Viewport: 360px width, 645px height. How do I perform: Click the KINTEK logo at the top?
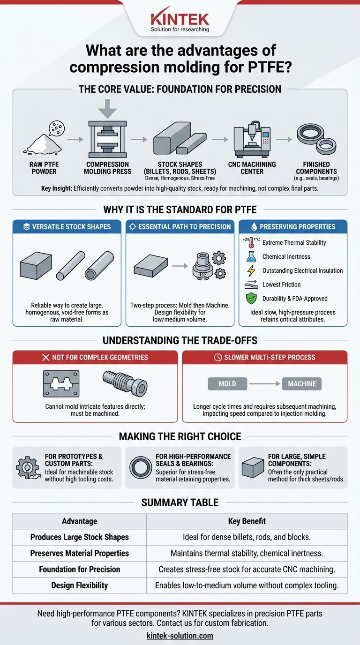click(180, 20)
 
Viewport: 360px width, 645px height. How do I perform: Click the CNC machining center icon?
click(252, 139)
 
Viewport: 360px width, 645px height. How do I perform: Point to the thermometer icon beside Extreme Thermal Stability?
click(251, 242)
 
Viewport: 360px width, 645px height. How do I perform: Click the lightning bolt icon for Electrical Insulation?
click(251, 270)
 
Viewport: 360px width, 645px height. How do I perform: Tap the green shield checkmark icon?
click(251, 298)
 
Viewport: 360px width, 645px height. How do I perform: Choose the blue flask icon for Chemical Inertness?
click(251, 256)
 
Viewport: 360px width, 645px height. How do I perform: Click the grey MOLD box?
click(227, 384)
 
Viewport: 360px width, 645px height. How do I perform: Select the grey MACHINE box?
click(302, 384)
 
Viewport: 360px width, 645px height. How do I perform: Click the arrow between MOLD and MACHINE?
click(265, 384)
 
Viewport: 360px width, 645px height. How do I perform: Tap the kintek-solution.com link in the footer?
click(180, 636)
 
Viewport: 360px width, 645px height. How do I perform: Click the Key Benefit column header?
click(247, 521)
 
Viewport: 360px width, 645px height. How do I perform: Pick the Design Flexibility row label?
click(80, 585)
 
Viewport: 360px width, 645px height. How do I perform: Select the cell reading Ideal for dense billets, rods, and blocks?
click(247, 537)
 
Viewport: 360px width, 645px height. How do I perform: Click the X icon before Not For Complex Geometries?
click(46, 357)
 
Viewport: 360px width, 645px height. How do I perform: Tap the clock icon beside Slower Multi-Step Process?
click(218, 357)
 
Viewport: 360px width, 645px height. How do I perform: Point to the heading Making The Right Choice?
click(180, 436)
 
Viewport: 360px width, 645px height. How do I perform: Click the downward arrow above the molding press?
click(107, 109)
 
